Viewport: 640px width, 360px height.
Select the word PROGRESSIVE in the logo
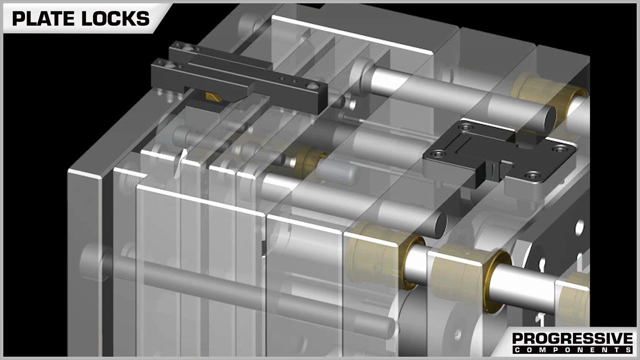pos(571,339)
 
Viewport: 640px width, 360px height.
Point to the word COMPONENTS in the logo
pos(571,349)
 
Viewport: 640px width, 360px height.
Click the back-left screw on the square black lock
pos(466,127)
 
